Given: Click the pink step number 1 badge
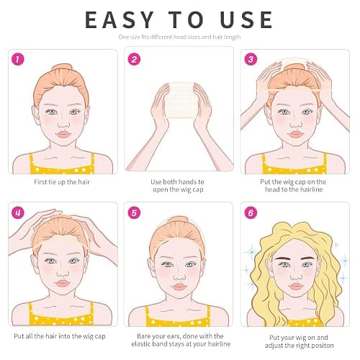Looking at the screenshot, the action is click(18, 59).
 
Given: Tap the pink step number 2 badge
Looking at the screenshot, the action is click(134, 59).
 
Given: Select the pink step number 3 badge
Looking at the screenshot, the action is click(251, 59).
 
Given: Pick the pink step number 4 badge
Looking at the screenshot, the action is click(18, 212).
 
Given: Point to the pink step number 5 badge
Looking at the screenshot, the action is click(134, 212).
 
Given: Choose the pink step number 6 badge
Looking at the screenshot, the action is click(251, 212).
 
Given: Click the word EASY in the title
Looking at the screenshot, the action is click(120, 19).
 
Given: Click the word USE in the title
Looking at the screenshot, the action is click(246, 19).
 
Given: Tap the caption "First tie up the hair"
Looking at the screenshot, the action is click(62, 182).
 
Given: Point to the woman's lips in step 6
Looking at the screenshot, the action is click(296, 286).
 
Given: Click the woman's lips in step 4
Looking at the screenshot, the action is click(63, 283).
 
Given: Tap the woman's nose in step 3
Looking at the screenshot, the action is click(296, 124).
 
